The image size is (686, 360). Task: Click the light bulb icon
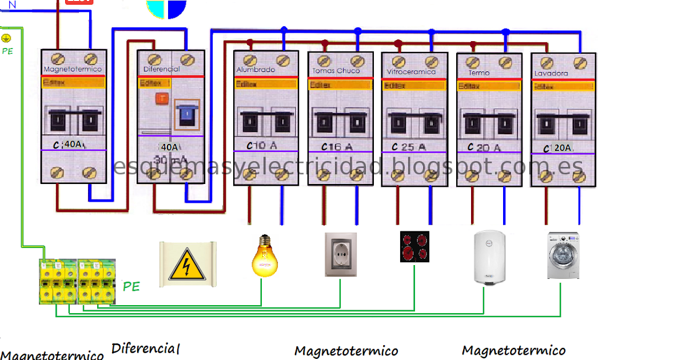coord(264,255)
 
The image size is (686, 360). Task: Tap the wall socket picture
coord(341,254)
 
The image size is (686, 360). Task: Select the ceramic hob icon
coord(414,247)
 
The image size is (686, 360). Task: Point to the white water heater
coord(488,257)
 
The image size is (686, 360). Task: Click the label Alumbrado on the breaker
coord(256,70)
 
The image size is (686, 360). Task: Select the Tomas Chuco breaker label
coord(336,71)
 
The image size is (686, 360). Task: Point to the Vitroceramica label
coord(411,72)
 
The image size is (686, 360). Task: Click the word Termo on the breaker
coord(479,73)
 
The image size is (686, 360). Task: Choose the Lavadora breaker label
coord(551,74)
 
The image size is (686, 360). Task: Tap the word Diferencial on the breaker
coord(161,69)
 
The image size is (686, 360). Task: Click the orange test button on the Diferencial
coord(162,98)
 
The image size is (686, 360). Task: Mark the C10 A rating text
coord(262,146)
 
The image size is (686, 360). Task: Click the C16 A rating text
coord(337,147)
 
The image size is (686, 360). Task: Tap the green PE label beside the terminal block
coord(131,287)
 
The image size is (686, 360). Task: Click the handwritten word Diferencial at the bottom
coord(146,348)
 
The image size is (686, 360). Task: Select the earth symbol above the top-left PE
coord(6,38)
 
